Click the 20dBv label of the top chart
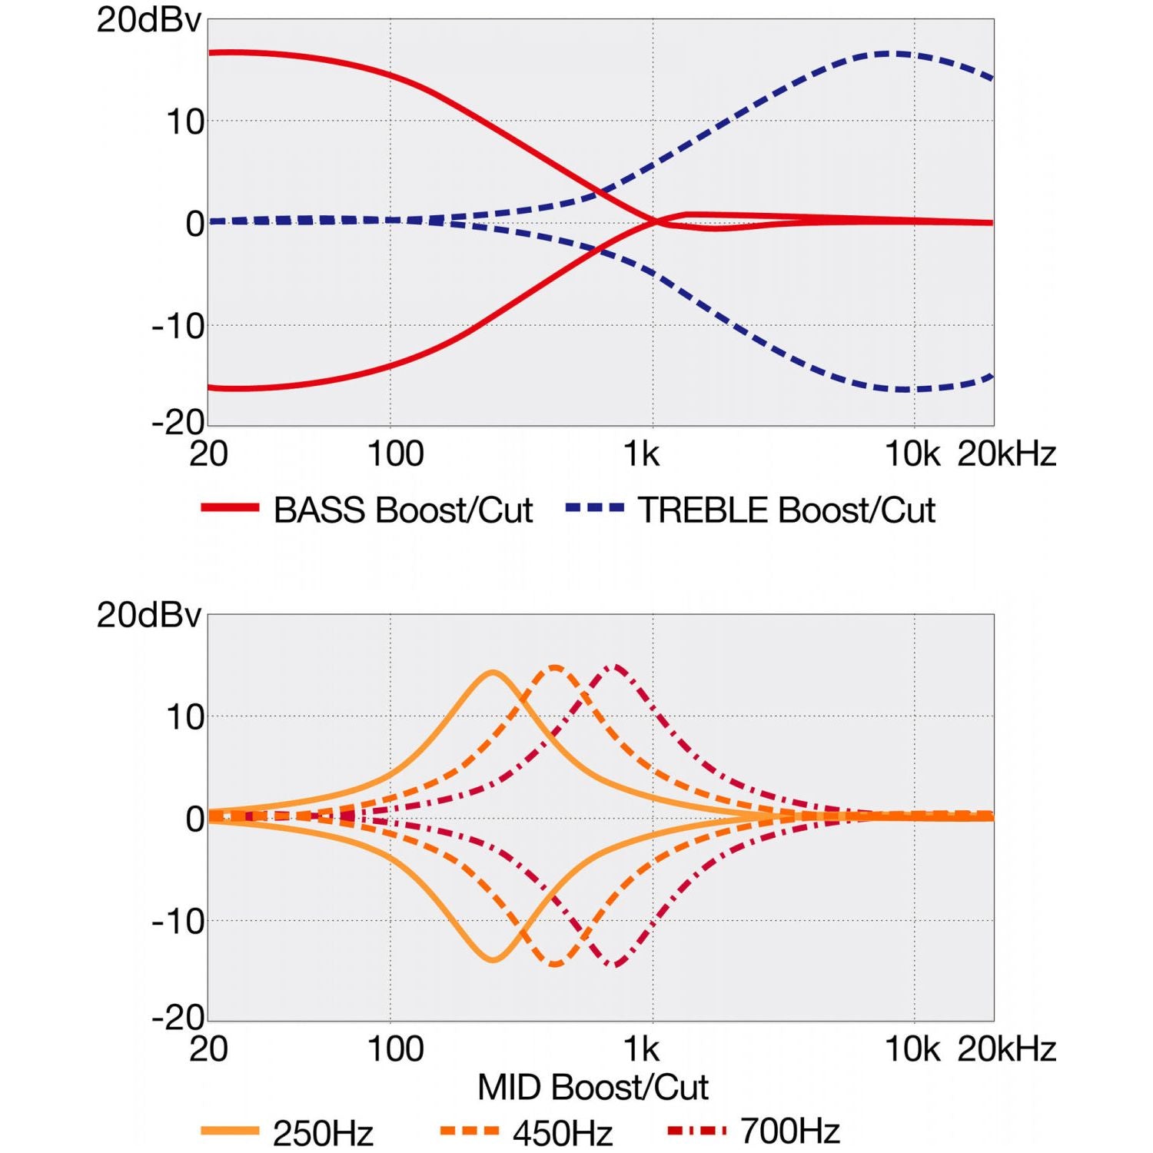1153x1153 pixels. (x=148, y=20)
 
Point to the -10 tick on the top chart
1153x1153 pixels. (x=178, y=327)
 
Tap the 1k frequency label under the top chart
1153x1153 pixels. (x=641, y=454)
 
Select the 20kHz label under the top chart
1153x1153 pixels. (x=1006, y=454)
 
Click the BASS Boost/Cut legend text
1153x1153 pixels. (x=403, y=510)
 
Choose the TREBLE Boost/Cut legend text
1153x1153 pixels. (x=786, y=510)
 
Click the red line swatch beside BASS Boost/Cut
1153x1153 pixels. (x=230, y=507)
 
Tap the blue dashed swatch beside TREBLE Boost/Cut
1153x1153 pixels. (x=594, y=507)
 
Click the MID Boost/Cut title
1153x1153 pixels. (x=593, y=1087)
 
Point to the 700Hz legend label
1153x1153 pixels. (x=790, y=1131)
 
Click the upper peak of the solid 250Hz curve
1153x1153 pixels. (x=493, y=673)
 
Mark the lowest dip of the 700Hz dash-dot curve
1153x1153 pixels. (x=615, y=965)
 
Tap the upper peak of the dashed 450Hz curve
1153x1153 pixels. (x=555, y=667)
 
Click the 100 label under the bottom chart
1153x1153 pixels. (x=395, y=1049)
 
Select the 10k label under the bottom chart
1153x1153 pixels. (x=912, y=1049)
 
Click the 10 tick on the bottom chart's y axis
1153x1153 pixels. (x=185, y=717)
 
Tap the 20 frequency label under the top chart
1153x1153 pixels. (x=208, y=454)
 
